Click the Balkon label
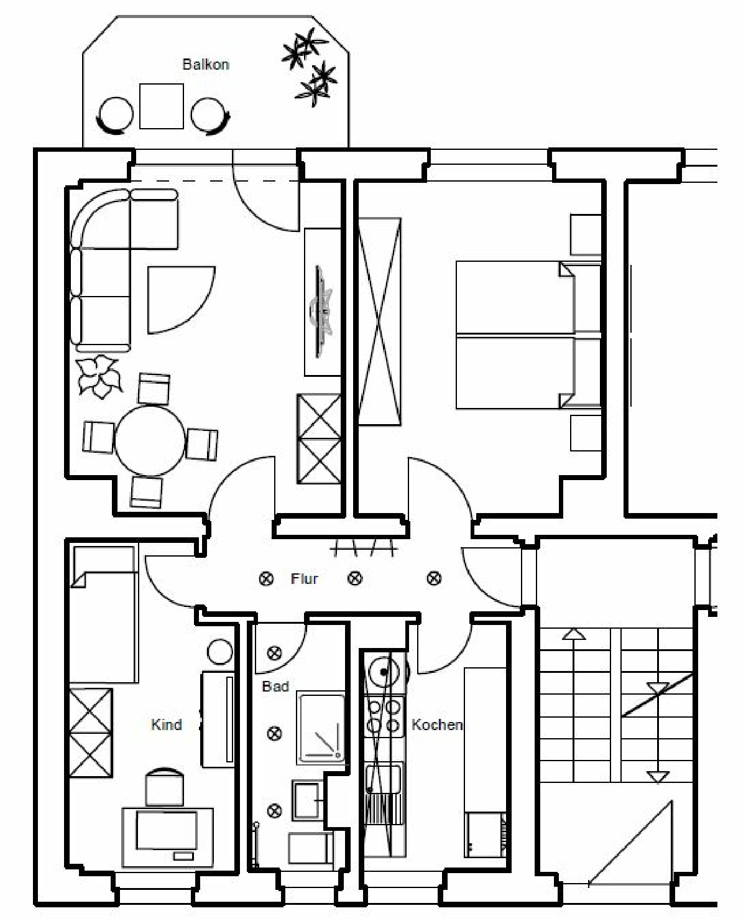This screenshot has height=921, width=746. coord(205,65)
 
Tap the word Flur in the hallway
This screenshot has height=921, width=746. coord(304,578)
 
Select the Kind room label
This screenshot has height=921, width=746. coord(167,724)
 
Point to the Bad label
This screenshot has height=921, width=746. coord(275,686)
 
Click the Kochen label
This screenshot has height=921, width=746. coord(436,724)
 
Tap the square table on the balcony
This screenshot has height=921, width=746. coord(161,106)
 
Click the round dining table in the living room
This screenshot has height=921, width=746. coord(150,440)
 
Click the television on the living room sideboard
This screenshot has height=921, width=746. coord(321,312)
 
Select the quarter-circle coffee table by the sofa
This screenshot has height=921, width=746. coord(181,300)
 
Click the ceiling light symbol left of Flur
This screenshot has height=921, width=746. coord(266,578)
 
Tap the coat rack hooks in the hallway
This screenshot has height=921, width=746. coord(364,549)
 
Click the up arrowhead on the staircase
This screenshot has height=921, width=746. coord(574,634)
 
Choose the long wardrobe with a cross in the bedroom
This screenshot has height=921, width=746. coord(379,322)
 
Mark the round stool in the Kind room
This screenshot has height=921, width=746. coord(219,652)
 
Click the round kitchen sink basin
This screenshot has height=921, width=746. coord(384,672)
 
